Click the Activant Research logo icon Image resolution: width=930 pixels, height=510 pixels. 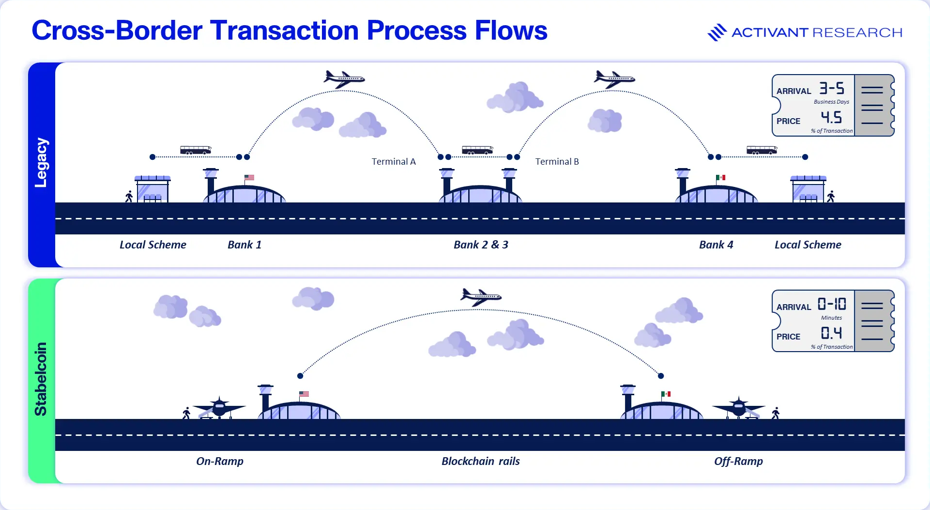pos(717,32)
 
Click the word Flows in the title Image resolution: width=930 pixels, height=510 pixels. pos(511,31)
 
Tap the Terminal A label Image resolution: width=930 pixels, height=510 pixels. pos(394,161)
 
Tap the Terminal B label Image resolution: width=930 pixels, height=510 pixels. pos(557,161)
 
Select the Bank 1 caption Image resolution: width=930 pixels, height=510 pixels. pos(244,245)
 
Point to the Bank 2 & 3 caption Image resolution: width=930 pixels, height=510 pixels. pos(481,245)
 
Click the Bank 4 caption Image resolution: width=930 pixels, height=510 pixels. pos(716,245)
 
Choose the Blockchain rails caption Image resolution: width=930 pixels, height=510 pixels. pos(481,461)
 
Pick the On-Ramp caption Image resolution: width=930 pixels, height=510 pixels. pos(220,461)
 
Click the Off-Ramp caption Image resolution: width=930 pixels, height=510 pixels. pos(738,461)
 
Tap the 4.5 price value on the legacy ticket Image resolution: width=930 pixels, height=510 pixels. pos(831,117)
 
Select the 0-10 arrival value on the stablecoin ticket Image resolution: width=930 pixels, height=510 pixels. pos(832,304)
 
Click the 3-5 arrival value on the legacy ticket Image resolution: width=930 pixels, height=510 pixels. pos(832,88)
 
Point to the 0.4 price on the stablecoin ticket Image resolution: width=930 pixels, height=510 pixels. pos(831,333)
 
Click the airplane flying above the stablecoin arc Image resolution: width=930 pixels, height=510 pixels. pos(481,296)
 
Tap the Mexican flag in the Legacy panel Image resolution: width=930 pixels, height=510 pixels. pos(721,178)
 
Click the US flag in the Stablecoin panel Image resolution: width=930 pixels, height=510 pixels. pos(304,394)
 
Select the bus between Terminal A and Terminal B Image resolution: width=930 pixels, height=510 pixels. pos(477,150)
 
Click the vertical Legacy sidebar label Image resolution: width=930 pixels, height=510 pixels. pos(41,163)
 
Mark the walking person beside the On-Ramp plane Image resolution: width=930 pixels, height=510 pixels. pos(186,413)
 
